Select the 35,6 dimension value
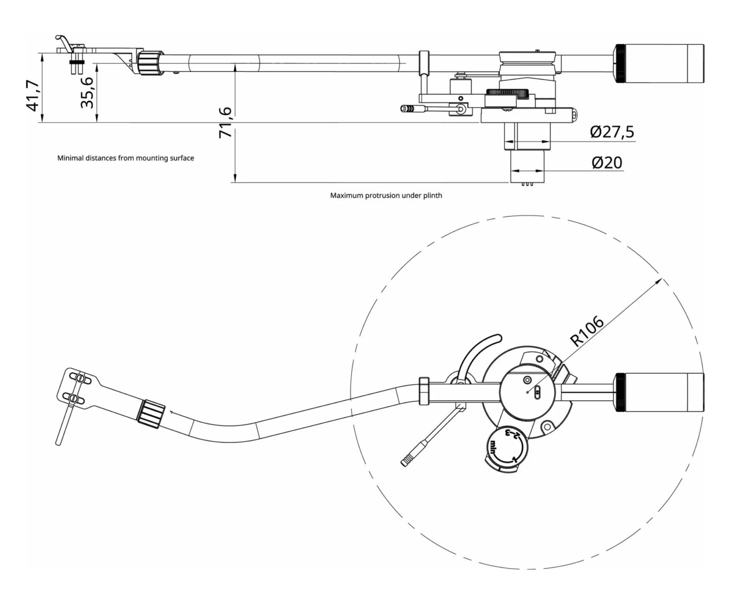coord(88,92)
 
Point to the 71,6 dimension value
coord(225,122)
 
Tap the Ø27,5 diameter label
coord(612,132)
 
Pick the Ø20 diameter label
coord(607,163)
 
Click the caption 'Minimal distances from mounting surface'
coord(125,158)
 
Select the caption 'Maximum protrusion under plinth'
coord(386,195)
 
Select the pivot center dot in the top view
coord(527,392)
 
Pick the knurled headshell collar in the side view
coord(149,63)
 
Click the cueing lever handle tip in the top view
coord(406,462)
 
